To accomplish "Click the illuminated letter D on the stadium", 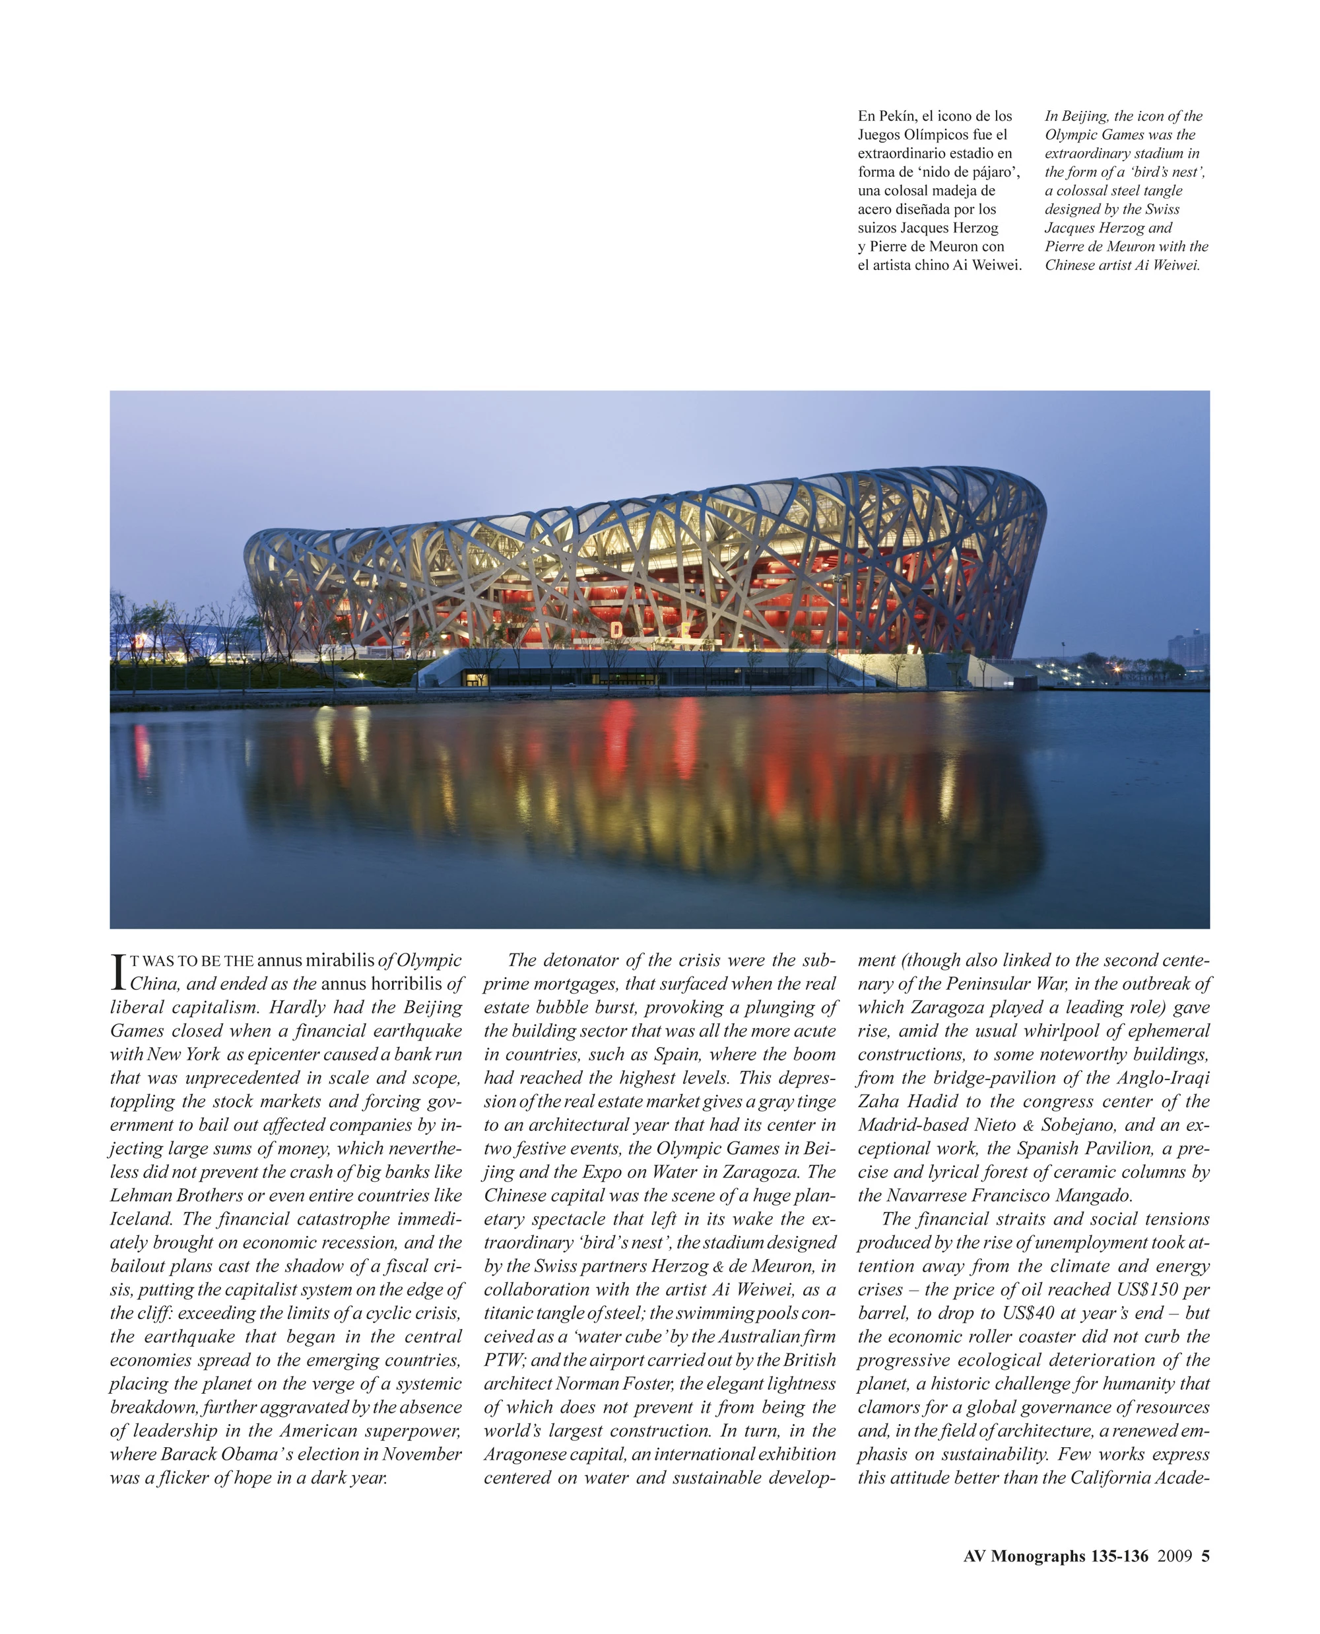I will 616,629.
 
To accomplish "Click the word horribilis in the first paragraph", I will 406,984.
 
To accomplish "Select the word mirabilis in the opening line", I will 340,960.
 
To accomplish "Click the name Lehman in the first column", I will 141,1195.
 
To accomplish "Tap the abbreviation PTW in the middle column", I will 501,1359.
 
